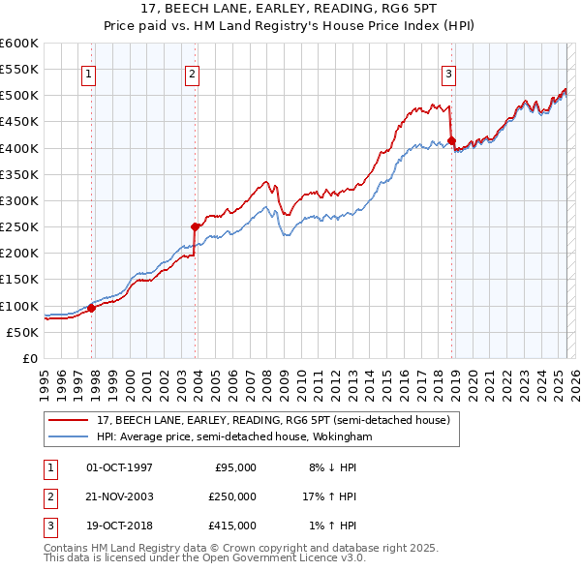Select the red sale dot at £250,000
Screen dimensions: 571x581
click(x=196, y=226)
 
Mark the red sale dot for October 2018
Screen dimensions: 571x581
click(x=452, y=140)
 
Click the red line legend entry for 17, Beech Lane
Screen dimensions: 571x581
click(x=272, y=421)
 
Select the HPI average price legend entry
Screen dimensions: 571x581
click(x=233, y=437)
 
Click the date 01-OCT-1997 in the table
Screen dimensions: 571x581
click(x=119, y=467)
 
